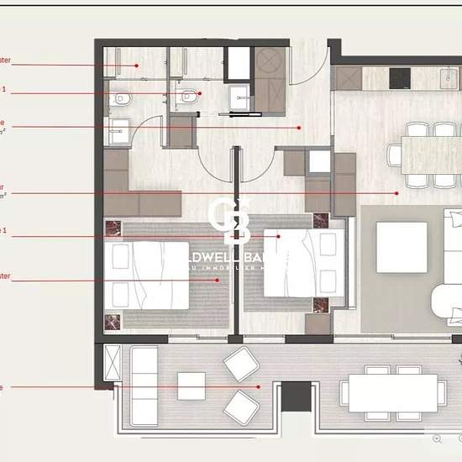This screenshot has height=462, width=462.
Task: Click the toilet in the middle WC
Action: click(x=187, y=98)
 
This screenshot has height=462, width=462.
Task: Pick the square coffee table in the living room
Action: click(x=401, y=247)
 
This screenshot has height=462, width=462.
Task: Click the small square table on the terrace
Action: click(x=191, y=386)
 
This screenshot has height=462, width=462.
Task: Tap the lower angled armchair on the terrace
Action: click(x=241, y=407)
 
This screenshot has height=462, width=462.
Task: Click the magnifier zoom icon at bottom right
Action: click(x=437, y=438)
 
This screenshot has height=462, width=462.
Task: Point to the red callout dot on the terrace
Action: click(x=260, y=387)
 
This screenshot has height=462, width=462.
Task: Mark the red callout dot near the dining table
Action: click(x=397, y=192)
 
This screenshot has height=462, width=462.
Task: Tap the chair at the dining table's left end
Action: click(x=394, y=155)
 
